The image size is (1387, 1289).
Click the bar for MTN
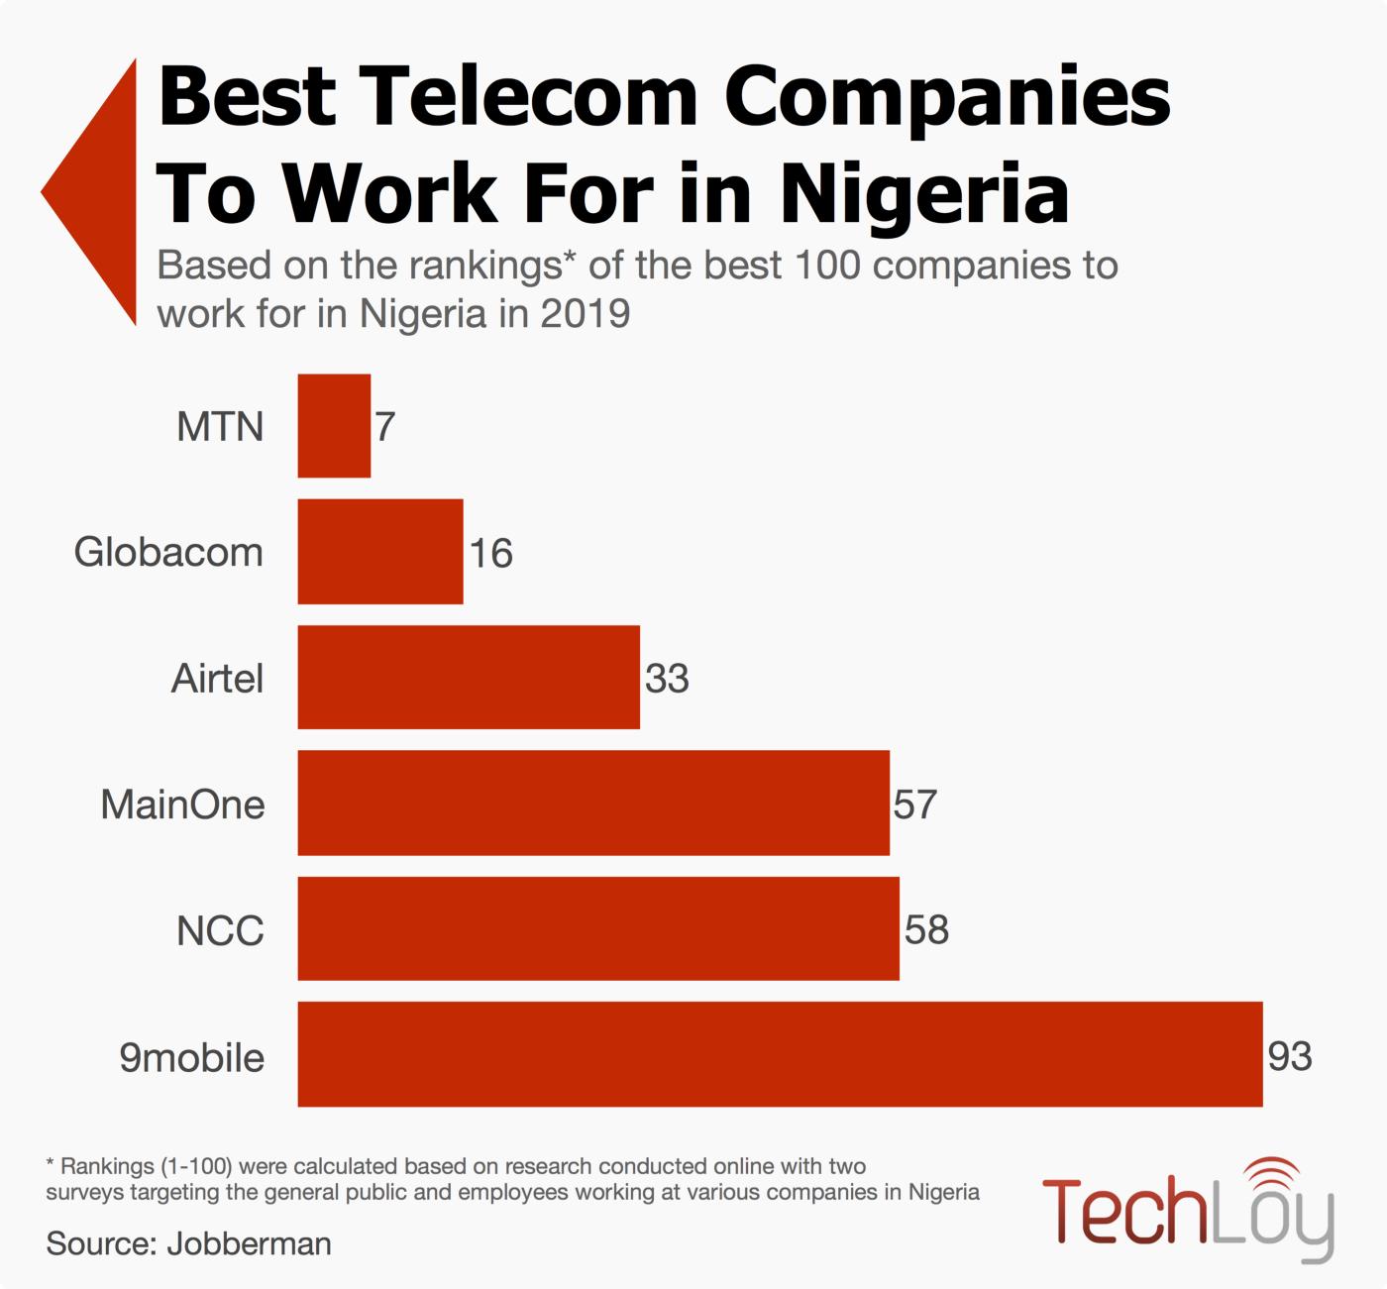pos(334,426)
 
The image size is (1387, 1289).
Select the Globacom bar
pos(380,552)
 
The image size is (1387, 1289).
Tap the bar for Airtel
pos(469,678)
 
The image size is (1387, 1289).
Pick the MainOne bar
pos(593,804)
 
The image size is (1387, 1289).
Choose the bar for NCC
pos(598,929)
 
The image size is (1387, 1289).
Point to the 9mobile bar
pos(780,1055)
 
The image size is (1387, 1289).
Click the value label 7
pos(385,427)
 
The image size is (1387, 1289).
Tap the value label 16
pos(490,553)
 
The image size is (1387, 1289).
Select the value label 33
pos(667,679)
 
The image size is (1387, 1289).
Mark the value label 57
pos(914,805)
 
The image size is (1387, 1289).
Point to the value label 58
pos(926,930)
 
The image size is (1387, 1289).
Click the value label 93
pos(1290,1056)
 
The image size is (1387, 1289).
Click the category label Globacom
pos(168,552)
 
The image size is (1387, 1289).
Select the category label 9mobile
pos(191,1057)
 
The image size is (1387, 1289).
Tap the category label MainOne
pos(182,805)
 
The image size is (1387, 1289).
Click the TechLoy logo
pos(1189,1210)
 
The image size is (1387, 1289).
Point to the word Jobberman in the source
pos(249,1243)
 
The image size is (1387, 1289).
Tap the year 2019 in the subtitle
pos(586,314)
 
